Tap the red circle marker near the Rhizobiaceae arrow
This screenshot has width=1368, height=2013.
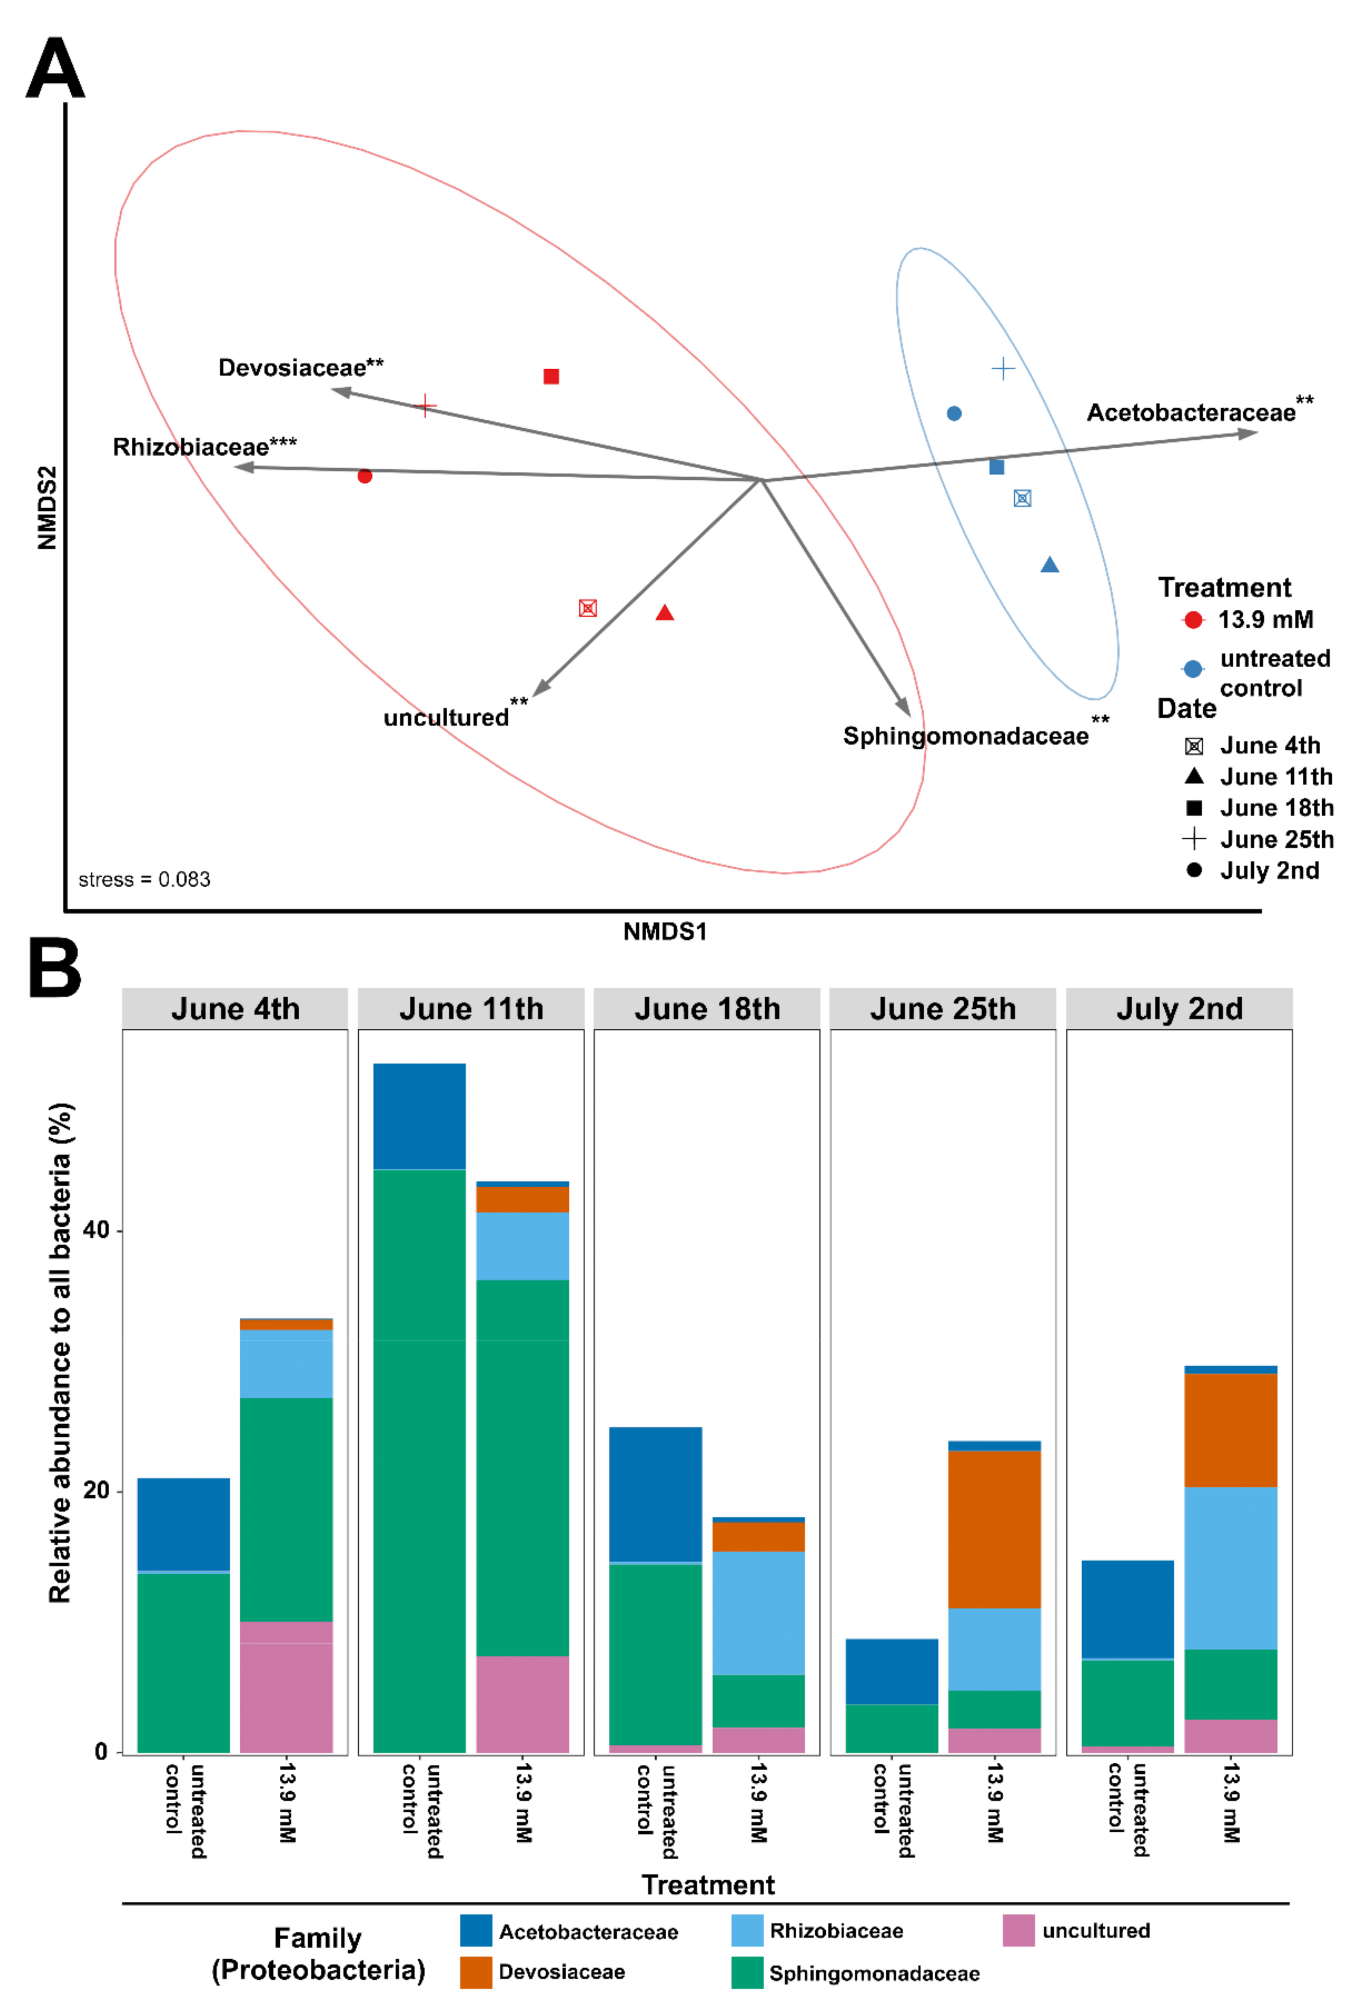pos(365,476)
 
